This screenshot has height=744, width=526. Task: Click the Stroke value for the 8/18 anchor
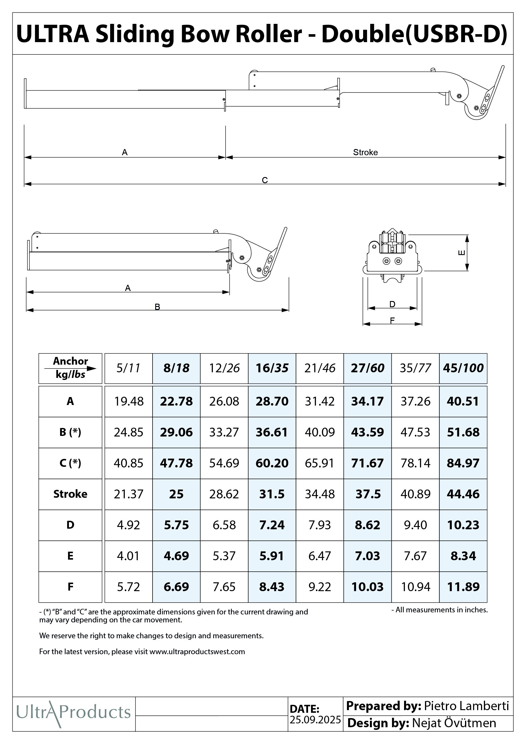point(176,494)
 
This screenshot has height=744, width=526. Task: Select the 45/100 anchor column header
point(463,368)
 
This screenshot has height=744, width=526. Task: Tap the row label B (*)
point(70,432)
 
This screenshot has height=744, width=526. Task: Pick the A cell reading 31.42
point(320,401)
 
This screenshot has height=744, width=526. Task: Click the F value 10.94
point(416,587)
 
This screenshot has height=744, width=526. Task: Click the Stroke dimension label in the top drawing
point(365,152)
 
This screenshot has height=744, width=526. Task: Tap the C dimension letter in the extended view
point(265,180)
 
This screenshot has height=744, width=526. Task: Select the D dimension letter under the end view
point(392,304)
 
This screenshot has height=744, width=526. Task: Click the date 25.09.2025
point(315,720)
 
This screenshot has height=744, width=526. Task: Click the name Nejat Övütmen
point(454,723)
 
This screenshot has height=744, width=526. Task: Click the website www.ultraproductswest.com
point(197,652)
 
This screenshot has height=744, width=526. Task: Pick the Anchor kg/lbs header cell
point(70,368)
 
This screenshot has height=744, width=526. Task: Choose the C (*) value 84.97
point(463,463)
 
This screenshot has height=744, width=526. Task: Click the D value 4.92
point(128,525)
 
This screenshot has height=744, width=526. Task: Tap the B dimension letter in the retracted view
point(157,307)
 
